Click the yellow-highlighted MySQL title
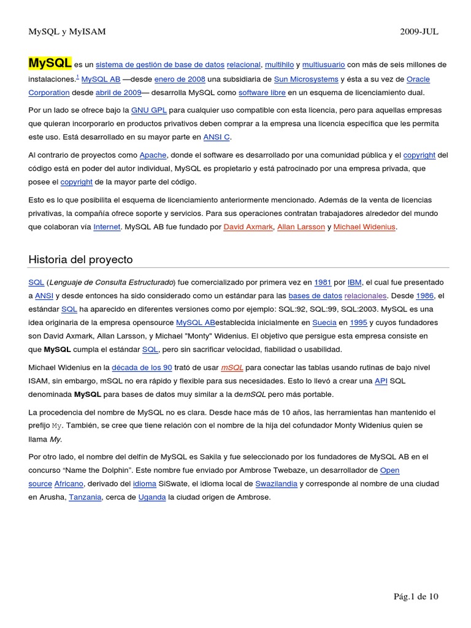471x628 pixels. coord(50,63)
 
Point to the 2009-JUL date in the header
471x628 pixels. coord(419,32)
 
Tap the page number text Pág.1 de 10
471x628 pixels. coord(416,596)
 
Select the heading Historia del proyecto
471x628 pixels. coord(80,259)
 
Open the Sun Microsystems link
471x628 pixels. coord(306,79)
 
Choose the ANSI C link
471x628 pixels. coord(217,137)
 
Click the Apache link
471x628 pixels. coord(153,155)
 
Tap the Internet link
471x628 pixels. coord(107,227)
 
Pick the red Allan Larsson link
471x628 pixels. coord(301,227)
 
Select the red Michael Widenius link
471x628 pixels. coord(365,227)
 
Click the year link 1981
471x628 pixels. coord(323,282)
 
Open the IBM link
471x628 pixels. coord(354,282)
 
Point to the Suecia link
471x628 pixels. coord(324,323)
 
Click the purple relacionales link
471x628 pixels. coord(366,296)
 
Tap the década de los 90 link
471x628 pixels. coord(142,367)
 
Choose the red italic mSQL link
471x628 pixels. coord(232,367)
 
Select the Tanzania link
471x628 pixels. coord(85,497)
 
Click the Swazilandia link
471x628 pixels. coord(276,484)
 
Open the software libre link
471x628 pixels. coord(261,93)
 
